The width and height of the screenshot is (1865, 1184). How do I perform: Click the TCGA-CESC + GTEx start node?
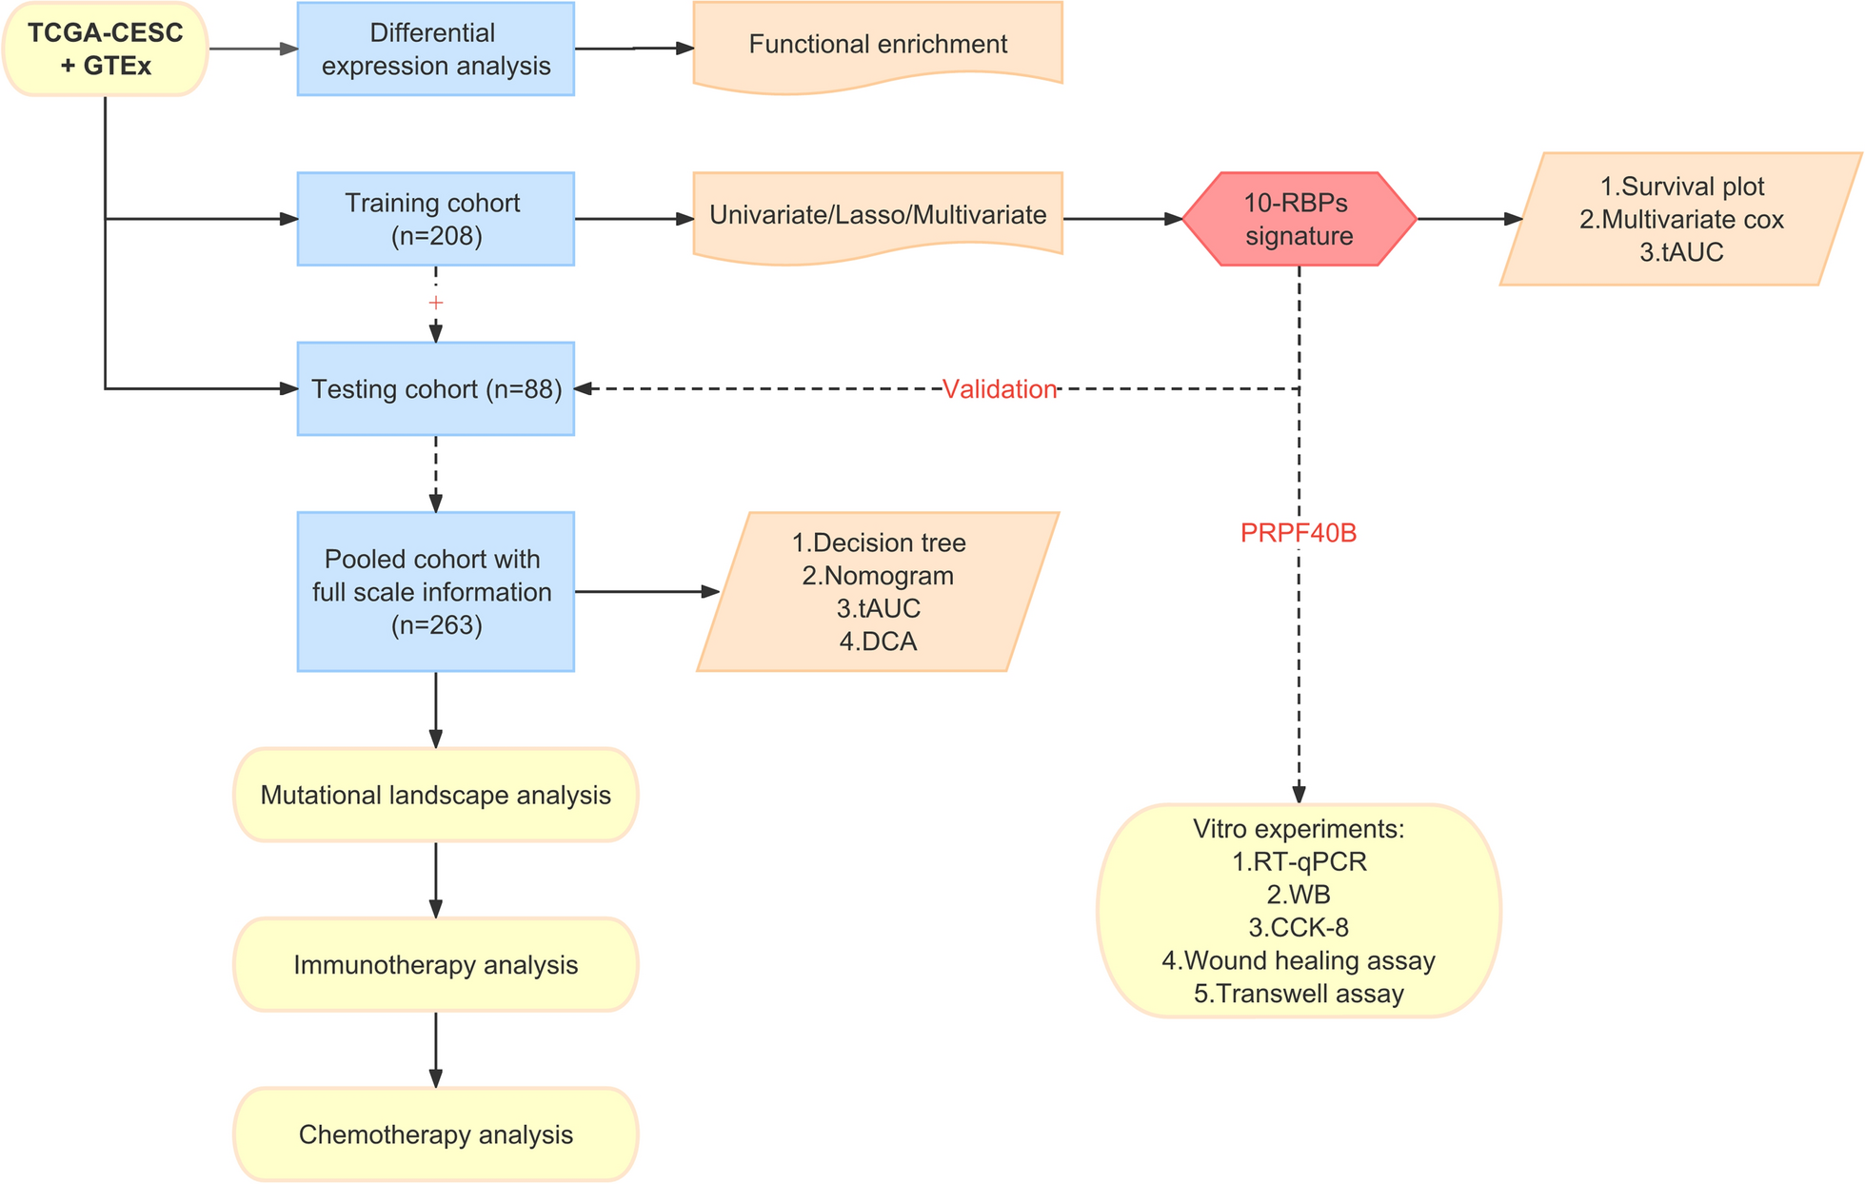(x=105, y=49)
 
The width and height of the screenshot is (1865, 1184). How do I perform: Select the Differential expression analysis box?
(x=435, y=49)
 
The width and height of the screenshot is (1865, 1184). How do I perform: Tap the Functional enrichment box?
(x=877, y=45)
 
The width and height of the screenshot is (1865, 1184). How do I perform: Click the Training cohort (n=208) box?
(x=435, y=219)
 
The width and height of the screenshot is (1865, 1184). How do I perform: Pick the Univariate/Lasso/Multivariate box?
(x=877, y=215)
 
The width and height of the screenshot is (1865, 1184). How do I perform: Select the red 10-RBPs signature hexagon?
(x=1299, y=219)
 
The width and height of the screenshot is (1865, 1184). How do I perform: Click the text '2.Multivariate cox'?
(x=1681, y=219)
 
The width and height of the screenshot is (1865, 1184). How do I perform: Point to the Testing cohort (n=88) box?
(x=435, y=388)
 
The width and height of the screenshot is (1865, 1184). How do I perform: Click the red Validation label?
(x=1000, y=389)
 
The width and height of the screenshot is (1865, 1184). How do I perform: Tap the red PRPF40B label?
(x=1299, y=533)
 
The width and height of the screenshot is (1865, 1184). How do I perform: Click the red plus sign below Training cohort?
(x=436, y=303)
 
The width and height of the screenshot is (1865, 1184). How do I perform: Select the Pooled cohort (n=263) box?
(x=435, y=591)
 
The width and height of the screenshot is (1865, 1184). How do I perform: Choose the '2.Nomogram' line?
(x=878, y=576)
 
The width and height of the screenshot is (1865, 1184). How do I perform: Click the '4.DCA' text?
(x=878, y=641)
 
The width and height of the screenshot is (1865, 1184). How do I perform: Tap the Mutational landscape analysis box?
(x=435, y=795)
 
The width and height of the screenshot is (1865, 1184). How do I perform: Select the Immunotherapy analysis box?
(x=435, y=964)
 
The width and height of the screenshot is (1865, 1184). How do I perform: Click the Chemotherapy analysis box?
(x=435, y=1135)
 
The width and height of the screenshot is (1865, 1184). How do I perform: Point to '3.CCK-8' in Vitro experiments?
(x=1299, y=927)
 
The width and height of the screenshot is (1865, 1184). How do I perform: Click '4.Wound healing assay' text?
(x=1299, y=960)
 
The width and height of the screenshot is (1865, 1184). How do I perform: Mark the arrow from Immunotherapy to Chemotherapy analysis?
(x=436, y=1049)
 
